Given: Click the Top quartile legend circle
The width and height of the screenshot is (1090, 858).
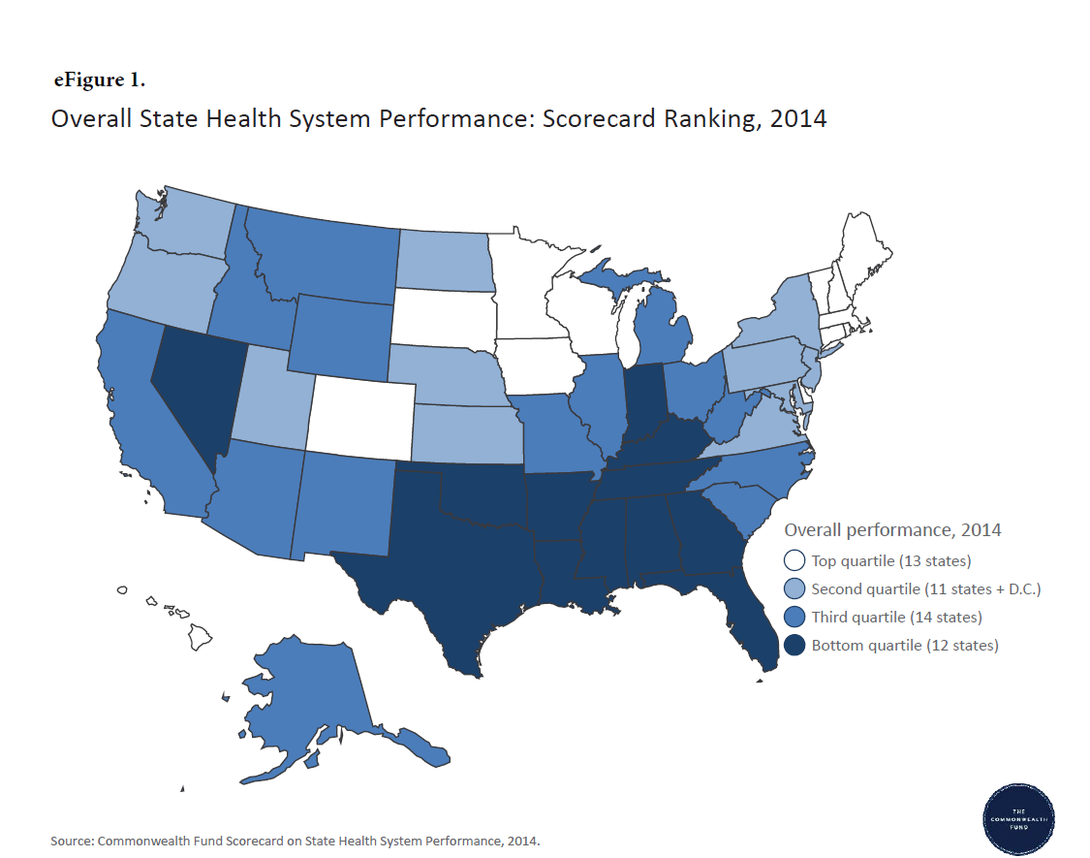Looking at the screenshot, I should pos(794,560).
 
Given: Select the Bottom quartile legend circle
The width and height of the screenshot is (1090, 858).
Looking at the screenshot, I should pos(794,645).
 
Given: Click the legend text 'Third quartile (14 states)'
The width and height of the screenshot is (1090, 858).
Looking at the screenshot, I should pos(896,617).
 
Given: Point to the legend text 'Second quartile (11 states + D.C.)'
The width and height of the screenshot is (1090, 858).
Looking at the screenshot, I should pos(925,588).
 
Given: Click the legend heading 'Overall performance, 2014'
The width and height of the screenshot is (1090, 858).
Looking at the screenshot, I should pos(892,530).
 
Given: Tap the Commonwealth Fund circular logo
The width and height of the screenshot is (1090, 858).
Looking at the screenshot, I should pos(1018,819).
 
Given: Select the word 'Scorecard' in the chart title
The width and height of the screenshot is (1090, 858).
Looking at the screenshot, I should pos(591,119).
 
